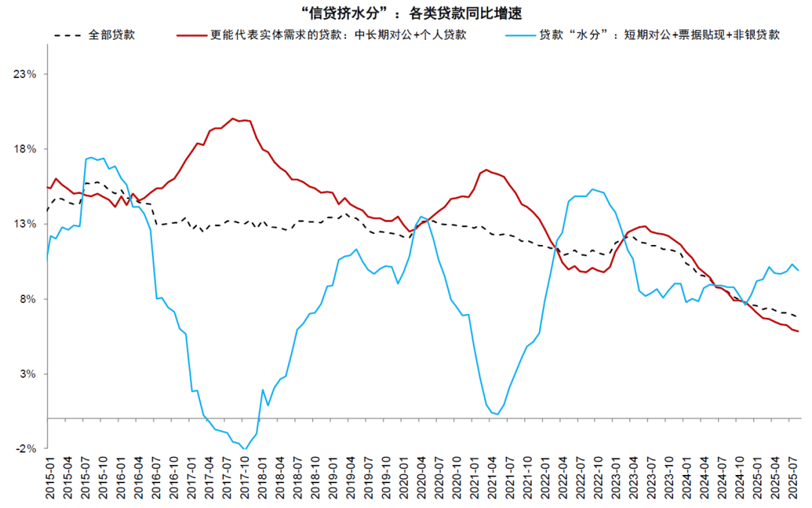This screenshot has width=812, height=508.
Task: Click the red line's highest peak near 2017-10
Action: (x=233, y=119)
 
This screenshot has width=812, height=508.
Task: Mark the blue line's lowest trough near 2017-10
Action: (x=245, y=449)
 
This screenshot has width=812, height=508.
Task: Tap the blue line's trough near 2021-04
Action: (x=497, y=414)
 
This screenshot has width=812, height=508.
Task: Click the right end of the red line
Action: (x=798, y=331)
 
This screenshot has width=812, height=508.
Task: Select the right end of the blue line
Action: (x=798, y=270)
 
